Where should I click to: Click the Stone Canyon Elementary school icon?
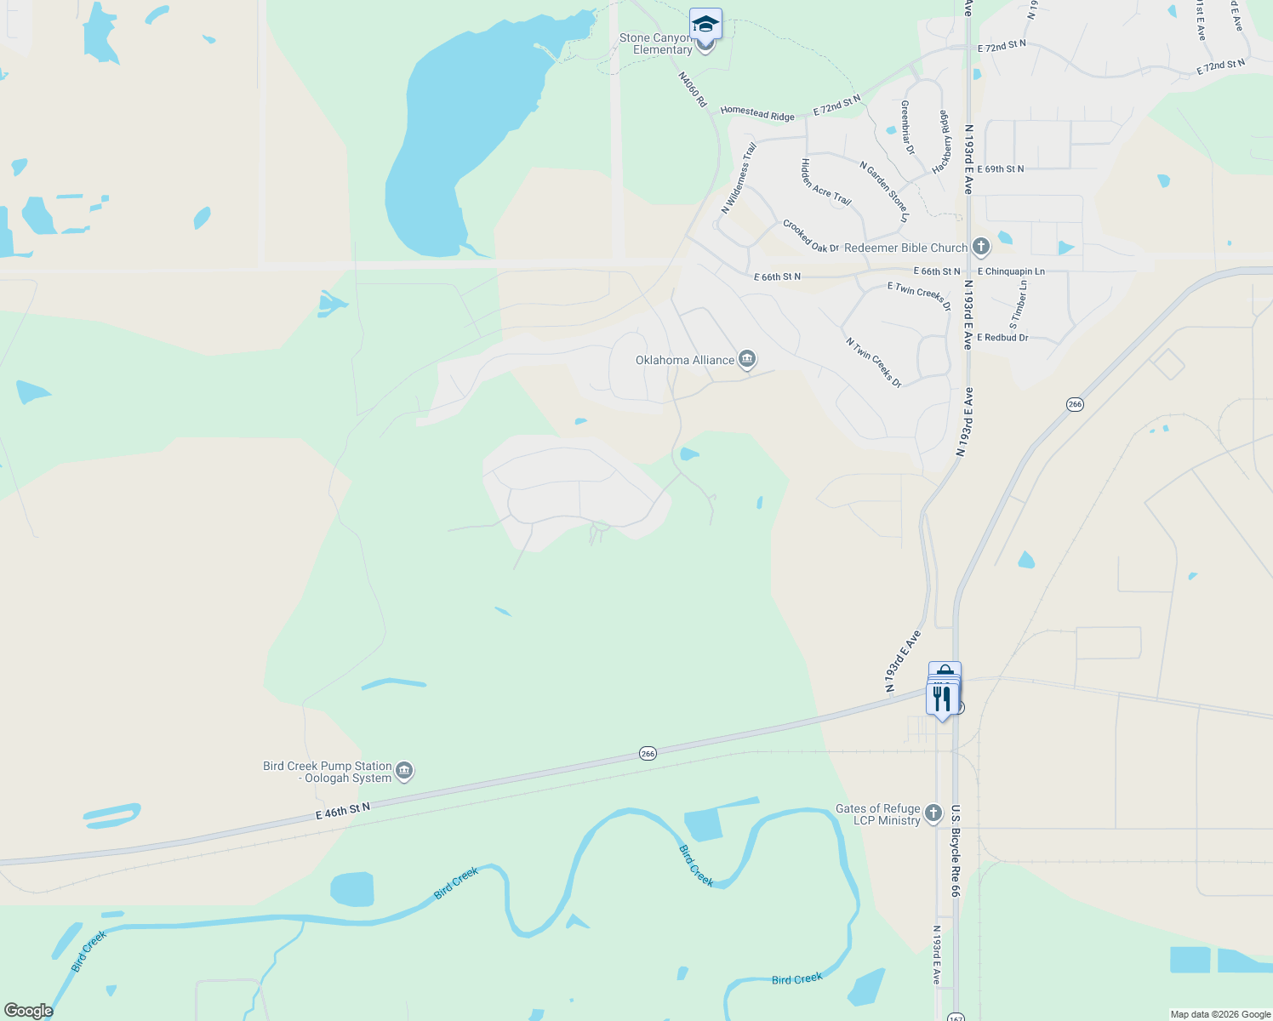[705, 24]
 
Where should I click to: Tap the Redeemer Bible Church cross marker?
[981, 248]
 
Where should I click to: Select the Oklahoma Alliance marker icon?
[747, 360]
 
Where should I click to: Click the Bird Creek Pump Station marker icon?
[404, 772]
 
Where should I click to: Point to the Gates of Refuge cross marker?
[933, 814]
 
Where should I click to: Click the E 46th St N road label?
[343, 811]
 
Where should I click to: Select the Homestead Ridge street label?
[757, 112]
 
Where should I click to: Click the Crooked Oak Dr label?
[811, 237]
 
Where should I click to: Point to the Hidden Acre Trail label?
[825, 182]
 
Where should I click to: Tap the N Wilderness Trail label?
[739, 178]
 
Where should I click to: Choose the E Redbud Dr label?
[1002, 338]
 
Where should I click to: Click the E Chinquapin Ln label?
[1011, 271]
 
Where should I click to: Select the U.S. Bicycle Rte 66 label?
[956, 851]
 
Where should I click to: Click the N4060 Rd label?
[693, 89]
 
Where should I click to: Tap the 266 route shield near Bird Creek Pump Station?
[648, 754]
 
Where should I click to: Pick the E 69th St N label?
[1001, 169]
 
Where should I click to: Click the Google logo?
[29, 1011]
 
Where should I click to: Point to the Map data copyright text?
[1220, 1014]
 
